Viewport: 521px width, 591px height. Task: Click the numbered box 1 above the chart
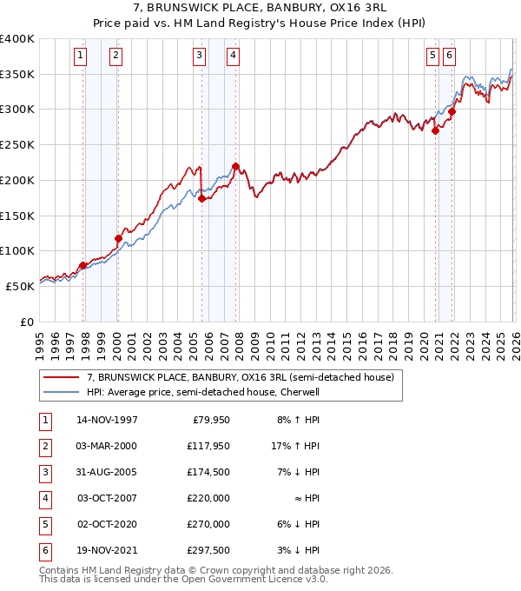point(81,56)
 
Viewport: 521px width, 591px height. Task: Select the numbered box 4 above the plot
point(234,56)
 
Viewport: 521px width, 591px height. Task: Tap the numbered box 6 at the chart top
point(449,56)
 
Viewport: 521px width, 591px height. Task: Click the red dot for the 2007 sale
point(235,166)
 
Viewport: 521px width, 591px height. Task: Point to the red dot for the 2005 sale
point(202,198)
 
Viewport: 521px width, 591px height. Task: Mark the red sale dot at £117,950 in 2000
point(118,238)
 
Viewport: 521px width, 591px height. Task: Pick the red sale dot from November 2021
point(452,111)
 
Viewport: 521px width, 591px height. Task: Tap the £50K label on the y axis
point(21,286)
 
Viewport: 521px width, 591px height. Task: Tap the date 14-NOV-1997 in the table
point(107,420)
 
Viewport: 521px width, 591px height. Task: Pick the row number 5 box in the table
point(43,524)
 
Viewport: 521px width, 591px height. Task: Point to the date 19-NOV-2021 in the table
point(107,550)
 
